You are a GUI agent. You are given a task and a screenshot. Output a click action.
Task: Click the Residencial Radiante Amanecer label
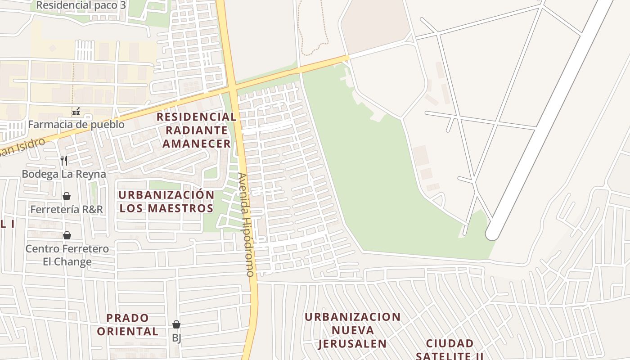(x=197, y=130)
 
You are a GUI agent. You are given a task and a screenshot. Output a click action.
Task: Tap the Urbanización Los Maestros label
(x=166, y=202)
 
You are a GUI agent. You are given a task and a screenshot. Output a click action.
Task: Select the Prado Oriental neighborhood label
(x=128, y=324)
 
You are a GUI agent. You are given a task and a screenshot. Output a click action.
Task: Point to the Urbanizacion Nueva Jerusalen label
(x=352, y=330)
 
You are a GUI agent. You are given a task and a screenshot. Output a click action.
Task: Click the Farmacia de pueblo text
(x=76, y=124)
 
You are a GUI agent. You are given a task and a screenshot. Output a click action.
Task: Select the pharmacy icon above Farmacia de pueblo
(x=76, y=111)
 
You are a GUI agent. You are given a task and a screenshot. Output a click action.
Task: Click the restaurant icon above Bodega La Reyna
(x=64, y=160)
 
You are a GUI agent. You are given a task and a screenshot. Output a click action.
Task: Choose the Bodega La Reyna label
(x=64, y=174)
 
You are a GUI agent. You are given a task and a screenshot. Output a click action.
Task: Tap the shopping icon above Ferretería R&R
(x=67, y=196)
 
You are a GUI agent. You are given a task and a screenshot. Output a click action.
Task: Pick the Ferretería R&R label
(x=67, y=209)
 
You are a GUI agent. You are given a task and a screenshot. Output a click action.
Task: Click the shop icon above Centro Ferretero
(x=67, y=235)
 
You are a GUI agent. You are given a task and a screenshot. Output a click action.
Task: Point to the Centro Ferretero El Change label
(x=67, y=255)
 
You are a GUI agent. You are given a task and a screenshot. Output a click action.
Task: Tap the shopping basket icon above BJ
(x=176, y=324)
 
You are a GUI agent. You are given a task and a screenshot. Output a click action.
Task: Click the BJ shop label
(x=176, y=337)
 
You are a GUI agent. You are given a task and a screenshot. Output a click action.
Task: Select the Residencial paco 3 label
(x=81, y=5)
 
